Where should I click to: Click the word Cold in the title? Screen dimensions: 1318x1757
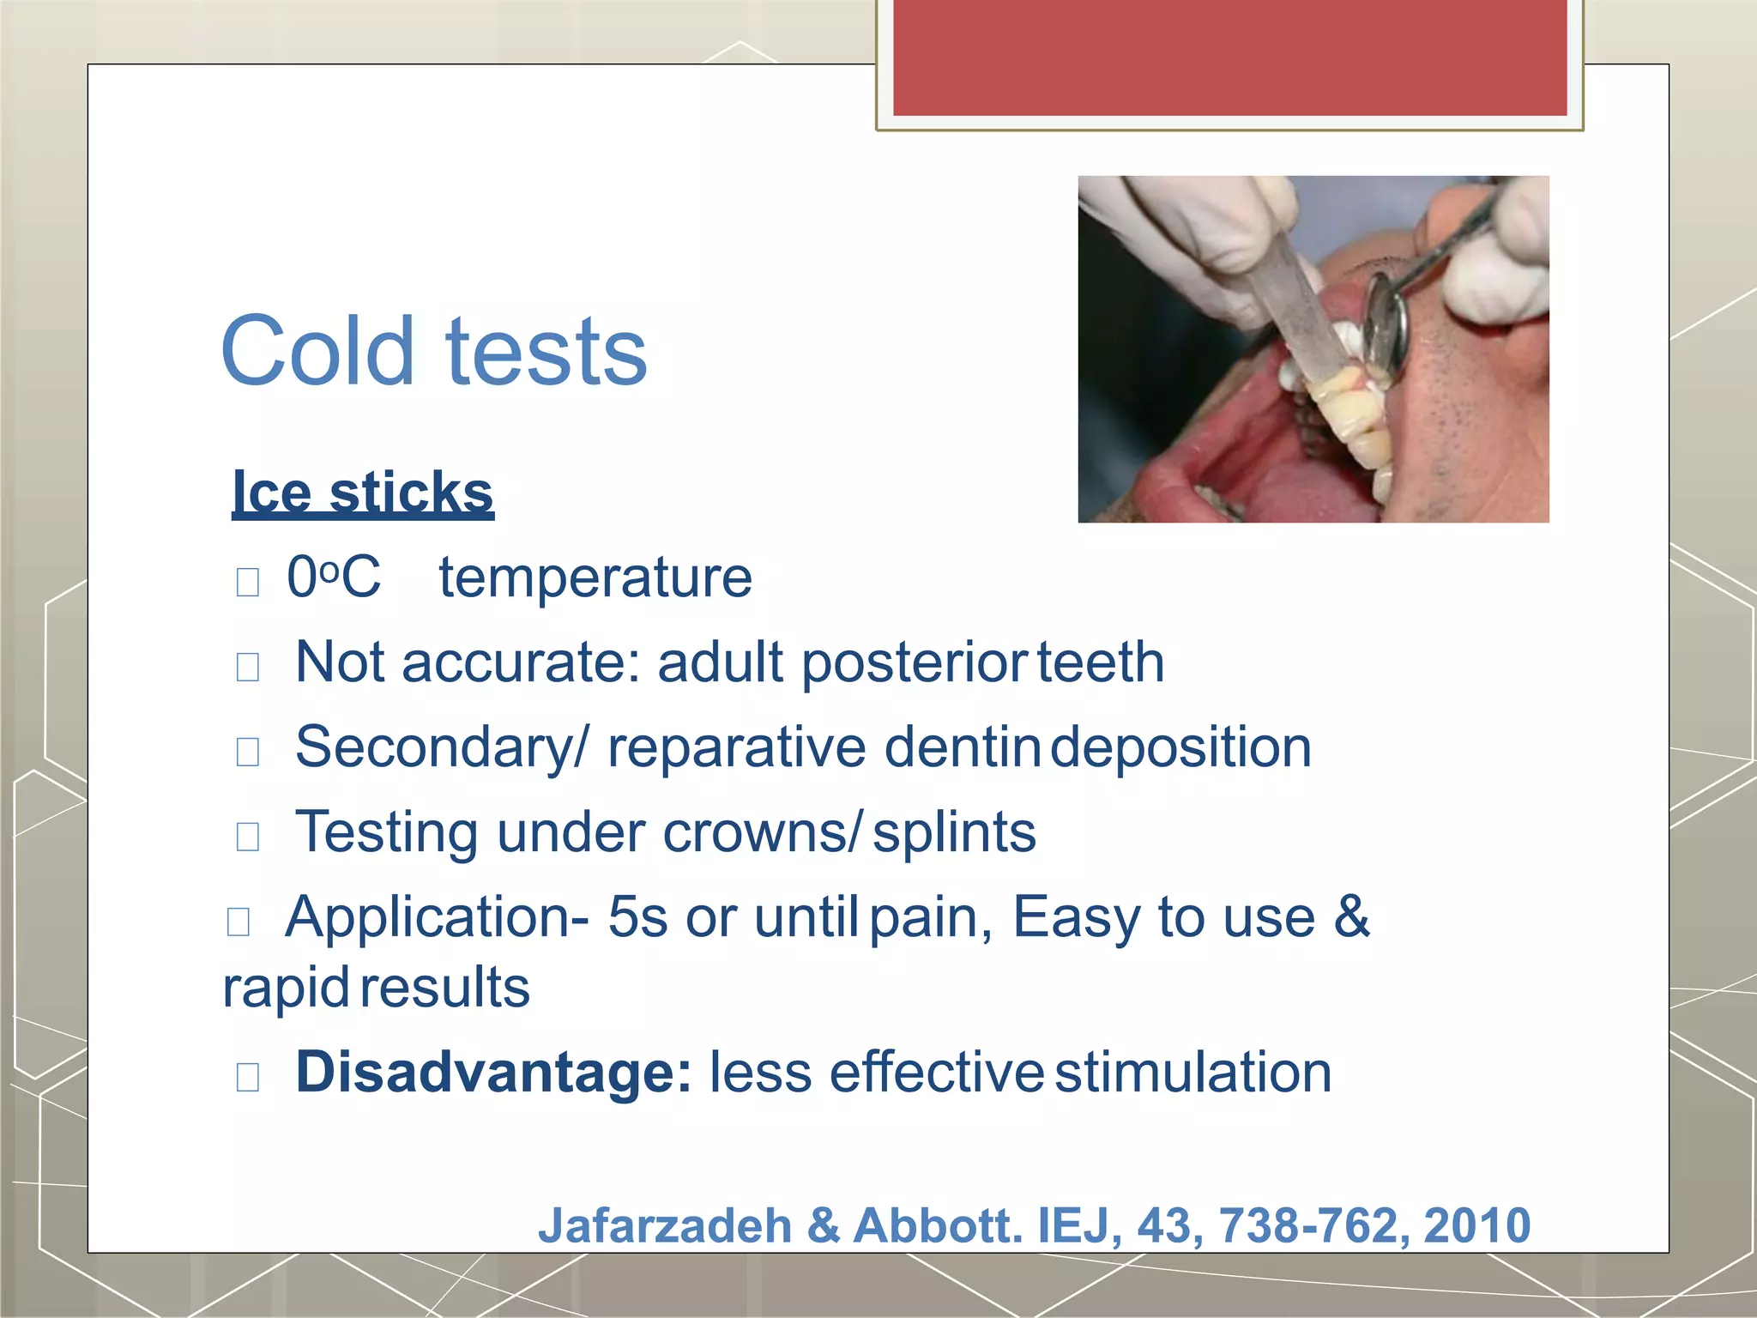pos(317,350)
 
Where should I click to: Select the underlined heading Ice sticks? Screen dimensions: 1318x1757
pos(363,492)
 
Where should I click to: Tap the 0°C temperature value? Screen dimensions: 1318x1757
pos(333,577)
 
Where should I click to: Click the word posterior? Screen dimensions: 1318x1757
pos(914,663)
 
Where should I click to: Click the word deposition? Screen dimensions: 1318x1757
pos(1181,747)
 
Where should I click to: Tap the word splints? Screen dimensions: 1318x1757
pos(954,832)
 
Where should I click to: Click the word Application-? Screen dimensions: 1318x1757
pos(437,917)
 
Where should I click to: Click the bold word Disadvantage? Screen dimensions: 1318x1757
pos(493,1073)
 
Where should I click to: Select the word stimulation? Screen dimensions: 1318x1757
pos(1192,1073)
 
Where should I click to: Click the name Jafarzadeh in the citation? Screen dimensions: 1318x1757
pos(665,1224)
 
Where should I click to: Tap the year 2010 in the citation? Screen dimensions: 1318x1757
pos(1477,1224)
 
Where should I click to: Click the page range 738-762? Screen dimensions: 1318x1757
pos(1314,1224)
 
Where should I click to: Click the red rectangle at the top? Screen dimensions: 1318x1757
pos(1229,57)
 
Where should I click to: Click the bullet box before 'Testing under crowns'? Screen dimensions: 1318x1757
pos(248,836)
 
